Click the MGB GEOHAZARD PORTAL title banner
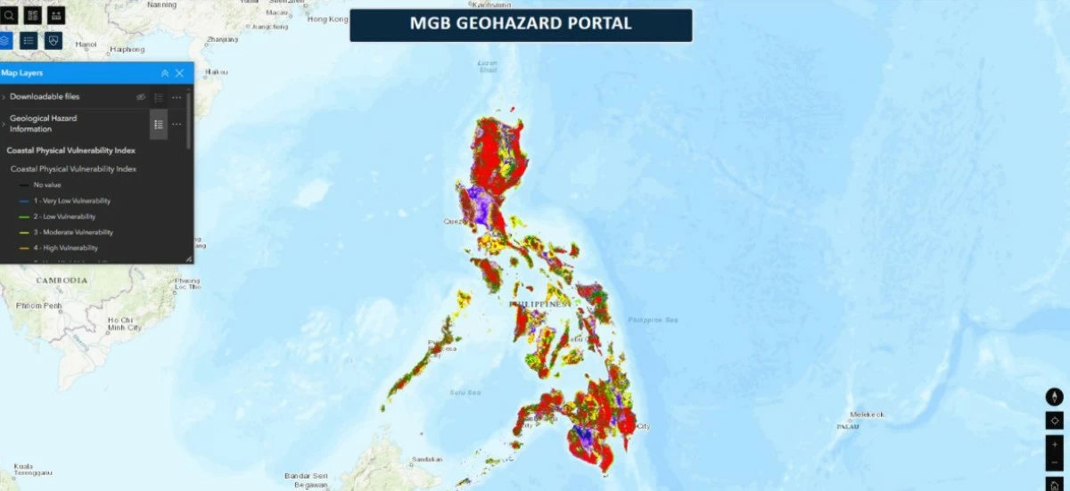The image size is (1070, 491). tap(521, 24)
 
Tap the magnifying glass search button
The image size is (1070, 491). tap(9, 15)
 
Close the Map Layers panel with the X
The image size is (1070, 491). tap(179, 73)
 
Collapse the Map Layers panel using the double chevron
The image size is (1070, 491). tap(165, 73)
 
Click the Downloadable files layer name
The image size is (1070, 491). tap(45, 96)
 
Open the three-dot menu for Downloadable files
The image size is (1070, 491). tap(177, 97)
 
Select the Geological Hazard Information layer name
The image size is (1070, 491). tap(43, 124)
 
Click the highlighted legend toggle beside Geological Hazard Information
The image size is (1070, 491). tap(158, 124)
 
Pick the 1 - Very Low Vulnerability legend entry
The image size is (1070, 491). tap(71, 200)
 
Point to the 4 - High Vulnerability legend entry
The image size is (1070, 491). tap(65, 248)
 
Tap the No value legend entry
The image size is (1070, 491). tap(47, 184)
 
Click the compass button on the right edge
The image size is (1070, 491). tap(1055, 397)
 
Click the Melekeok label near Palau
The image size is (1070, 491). tap(867, 414)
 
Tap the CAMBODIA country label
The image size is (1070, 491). tap(62, 281)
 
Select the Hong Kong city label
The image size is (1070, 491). tap(327, 19)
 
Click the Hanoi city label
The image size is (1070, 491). tap(86, 43)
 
